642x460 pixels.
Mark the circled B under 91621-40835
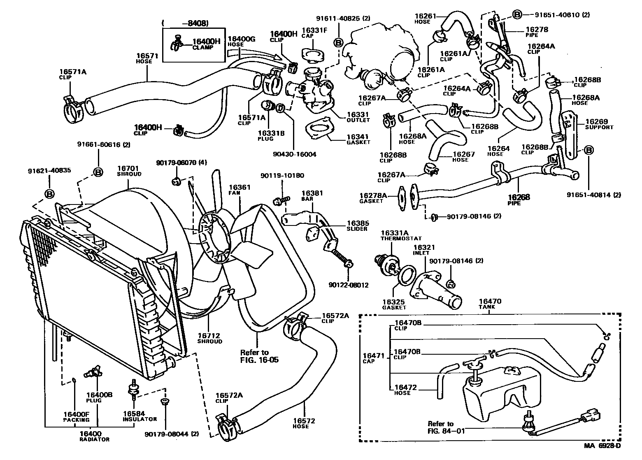49,193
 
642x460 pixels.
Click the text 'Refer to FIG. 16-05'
259,356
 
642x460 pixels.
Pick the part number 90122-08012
348,285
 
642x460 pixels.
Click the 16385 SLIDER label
357,225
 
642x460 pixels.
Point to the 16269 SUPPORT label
599,124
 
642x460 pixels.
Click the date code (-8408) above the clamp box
186,23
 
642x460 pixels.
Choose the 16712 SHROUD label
209,338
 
